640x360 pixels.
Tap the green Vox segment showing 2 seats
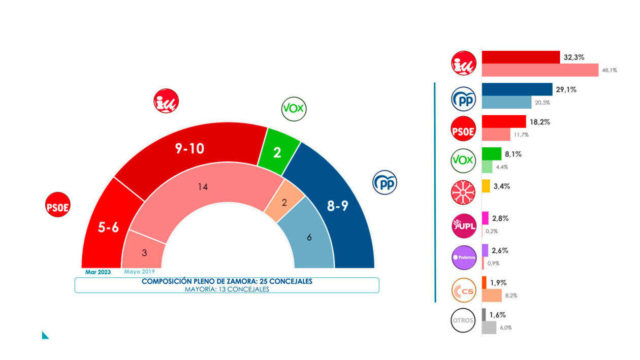pos(277,152)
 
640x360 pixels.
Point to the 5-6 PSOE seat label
pos(108,227)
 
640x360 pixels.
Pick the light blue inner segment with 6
pos(309,237)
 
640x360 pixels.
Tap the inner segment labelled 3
pos(144,252)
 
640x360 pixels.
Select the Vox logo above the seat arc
pos(294,108)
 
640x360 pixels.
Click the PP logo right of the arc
pos(385,182)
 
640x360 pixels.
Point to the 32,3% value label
pos(575,58)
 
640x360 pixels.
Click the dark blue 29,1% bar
pos(517,89)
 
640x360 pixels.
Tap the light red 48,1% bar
pos(540,70)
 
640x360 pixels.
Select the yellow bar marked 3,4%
pos(486,186)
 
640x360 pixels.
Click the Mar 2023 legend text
pos(98,272)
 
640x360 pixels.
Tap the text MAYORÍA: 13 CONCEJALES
pos(227,289)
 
